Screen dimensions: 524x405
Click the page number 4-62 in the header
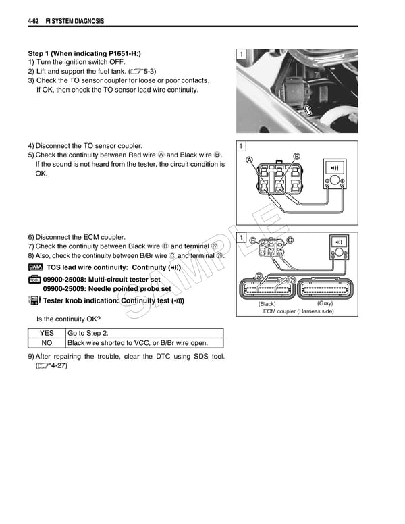[x=35, y=22]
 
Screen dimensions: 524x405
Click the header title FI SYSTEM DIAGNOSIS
[x=74, y=22]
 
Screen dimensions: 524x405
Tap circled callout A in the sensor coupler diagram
[x=250, y=161]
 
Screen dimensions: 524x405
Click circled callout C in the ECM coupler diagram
[x=290, y=240]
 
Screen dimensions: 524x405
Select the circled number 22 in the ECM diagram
[x=259, y=276]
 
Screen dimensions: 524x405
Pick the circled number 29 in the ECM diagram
[x=293, y=280]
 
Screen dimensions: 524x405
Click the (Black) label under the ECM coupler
[x=267, y=304]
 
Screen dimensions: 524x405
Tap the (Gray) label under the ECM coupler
[x=325, y=304]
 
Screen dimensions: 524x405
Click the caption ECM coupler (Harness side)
[x=298, y=312]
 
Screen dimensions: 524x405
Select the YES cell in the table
[x=47, y=333]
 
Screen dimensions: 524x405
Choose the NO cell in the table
[x=47, y=342]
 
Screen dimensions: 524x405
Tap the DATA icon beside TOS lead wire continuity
[x=35, y=267]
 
